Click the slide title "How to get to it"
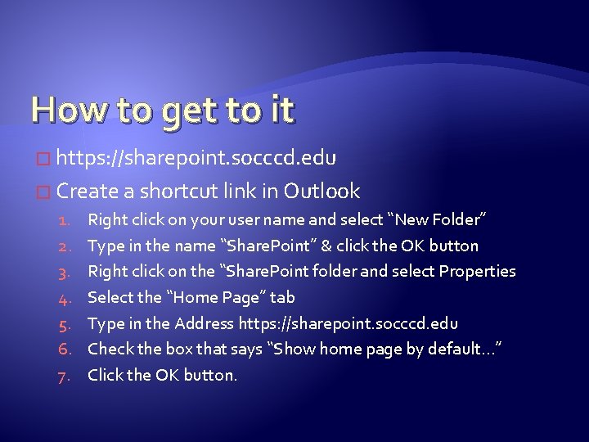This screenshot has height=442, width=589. tap(162, 110)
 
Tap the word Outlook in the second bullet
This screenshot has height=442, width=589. tap(321, 192)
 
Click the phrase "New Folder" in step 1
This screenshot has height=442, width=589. tap(441, 219)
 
